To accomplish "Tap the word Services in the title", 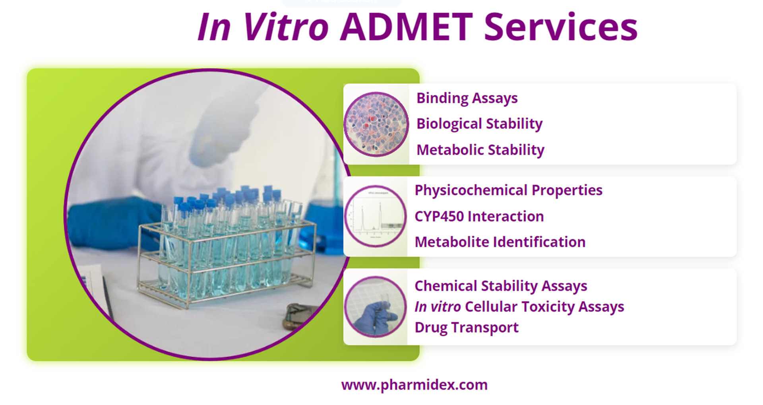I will (x=560, y=27).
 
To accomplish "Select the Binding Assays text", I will (x=467, y=98).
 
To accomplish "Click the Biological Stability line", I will (x=479, y=124).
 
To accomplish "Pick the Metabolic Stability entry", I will (x=480, y=150).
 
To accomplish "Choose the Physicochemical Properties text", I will (x=508, y=190).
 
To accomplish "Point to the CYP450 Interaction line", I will (x=479, y=216).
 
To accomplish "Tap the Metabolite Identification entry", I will (x=500, y=242).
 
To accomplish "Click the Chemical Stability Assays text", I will (x=500, y=286).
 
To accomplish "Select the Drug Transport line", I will (x=466, y=327).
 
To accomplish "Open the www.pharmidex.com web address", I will (x=414, y=385).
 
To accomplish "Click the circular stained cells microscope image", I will (x=376, y=124).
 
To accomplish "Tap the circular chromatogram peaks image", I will (x=375, y=216).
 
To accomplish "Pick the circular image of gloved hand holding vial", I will (x=375, y=307).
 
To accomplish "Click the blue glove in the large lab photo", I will (x=111, y=223).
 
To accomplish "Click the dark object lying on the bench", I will (x=300, y=316).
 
